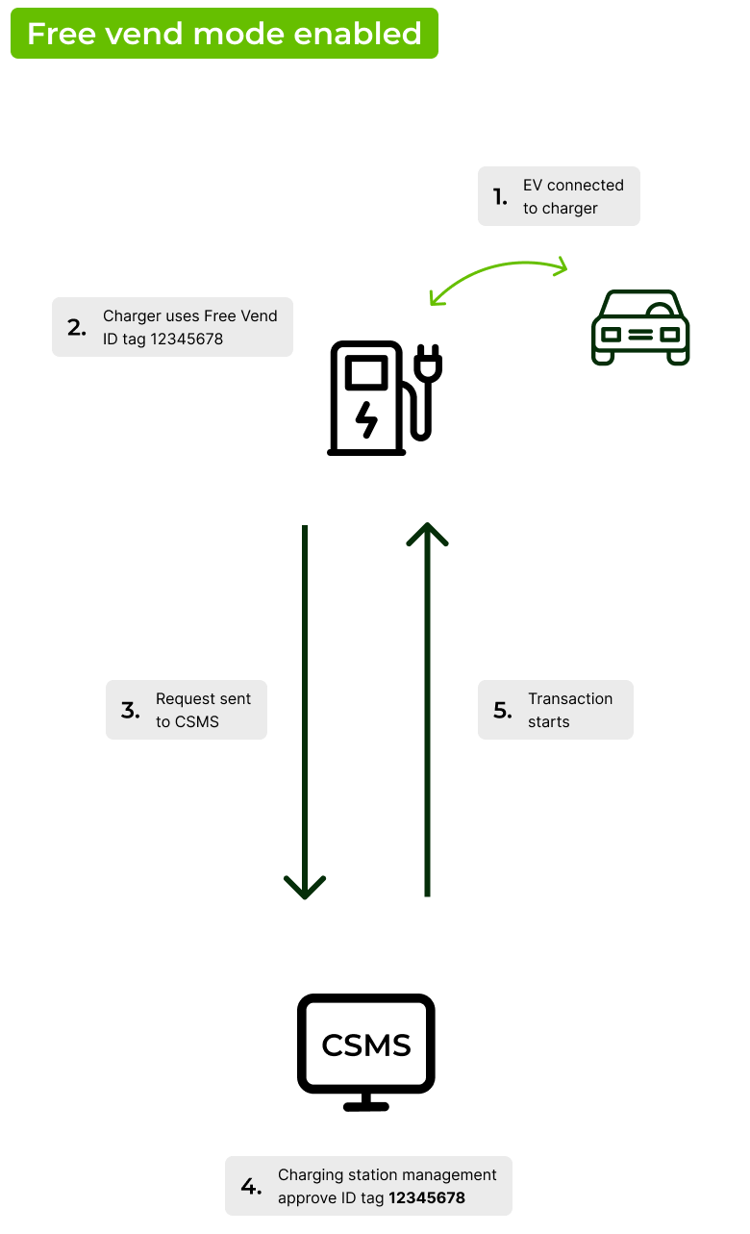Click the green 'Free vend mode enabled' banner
224,34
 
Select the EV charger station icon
380,397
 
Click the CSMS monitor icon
366,1052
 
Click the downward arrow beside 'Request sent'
305,712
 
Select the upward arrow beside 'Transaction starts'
427,712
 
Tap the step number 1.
500,197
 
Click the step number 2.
77,327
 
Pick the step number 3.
131,711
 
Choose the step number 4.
250,1187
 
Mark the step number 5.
503,711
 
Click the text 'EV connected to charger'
573,196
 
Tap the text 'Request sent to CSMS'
203,710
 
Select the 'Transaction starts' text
570,710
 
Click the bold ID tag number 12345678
427,1197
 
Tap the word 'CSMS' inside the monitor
366,1045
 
